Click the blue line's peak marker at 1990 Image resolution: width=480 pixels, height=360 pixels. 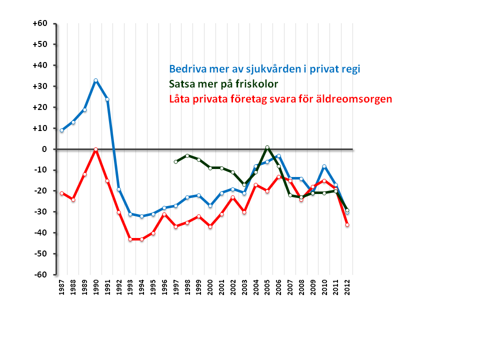pyautogui.click(x=95, y=80)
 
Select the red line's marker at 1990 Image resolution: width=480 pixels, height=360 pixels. pyautogui.click(x=95, y=149)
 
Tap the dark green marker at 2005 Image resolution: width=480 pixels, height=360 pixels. pyautogui.click(x=267, y=147)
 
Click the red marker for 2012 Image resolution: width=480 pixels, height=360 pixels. pyautogui.click(x=347, y=225)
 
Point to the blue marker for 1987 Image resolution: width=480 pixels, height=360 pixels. pyautogui.click(x=61, y=130)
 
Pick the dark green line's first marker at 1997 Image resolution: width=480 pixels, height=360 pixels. pyautogui.click(x=175, y=162)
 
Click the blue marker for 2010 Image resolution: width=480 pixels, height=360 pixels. pyautogui.click(x=324, y=166)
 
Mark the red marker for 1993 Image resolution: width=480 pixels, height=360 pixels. pyautogui.click(x=130, y=239)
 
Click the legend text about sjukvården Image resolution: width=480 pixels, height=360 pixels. pyautogui.click(x=264, y=69)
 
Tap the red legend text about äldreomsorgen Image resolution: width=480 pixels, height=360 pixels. pyautogui.click(x=280, y=99)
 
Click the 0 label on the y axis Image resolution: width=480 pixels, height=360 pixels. pyautogui.click(x=44, y=149)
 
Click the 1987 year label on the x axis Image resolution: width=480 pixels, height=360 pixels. pyautogui.click(x=61, y=287)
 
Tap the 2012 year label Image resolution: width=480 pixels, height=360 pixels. pyautogui.click(x=347, y=287)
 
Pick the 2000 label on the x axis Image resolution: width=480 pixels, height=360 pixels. pyautogui.click(x=210, y=287)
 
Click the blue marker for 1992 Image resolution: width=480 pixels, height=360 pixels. pyautogui.click(x=119, y=189)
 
